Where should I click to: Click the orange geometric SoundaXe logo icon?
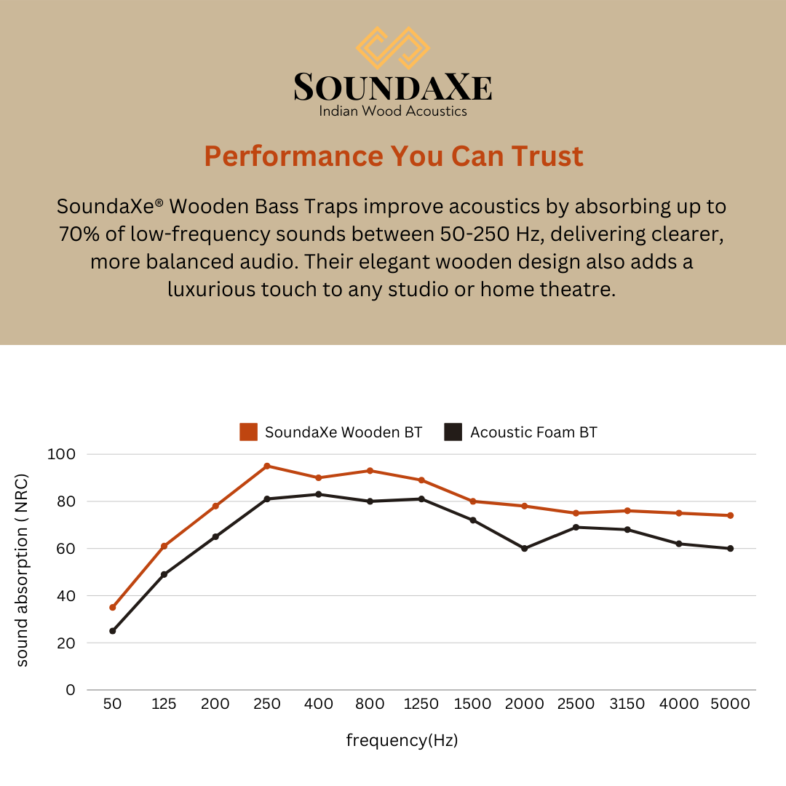coord(393,48)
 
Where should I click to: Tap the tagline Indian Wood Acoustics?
coord(393,111)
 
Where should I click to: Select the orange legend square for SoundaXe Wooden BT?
coord(248,432)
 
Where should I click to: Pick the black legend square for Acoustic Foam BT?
coord(453,432)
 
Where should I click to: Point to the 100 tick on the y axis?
coord(61,454)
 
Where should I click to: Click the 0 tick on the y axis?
coord(71,690)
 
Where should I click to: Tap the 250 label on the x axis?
coord(267,704)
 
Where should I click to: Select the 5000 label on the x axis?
coord(730,704)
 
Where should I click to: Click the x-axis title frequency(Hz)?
coord(402,741)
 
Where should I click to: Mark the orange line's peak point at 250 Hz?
coord(267,466)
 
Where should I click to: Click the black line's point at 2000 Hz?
coord(524,548)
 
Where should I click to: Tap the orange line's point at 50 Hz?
coord(113,607)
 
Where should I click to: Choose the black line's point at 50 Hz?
coord(113,631)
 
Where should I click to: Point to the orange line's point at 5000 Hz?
coord(730,515)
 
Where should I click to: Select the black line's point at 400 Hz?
coord(318,494)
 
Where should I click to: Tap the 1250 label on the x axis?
coord(421,704)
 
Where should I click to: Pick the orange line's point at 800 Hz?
coord(370,471)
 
